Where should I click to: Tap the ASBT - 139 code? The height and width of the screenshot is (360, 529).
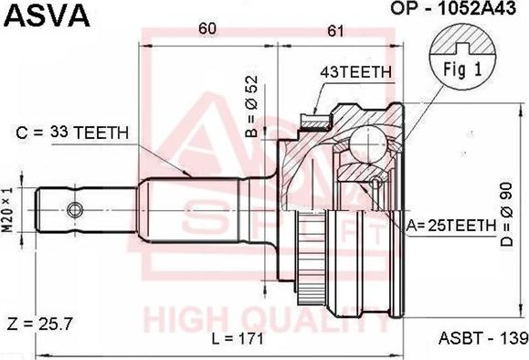point(482,339)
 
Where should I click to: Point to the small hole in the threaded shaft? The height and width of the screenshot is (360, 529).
point(79,202)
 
